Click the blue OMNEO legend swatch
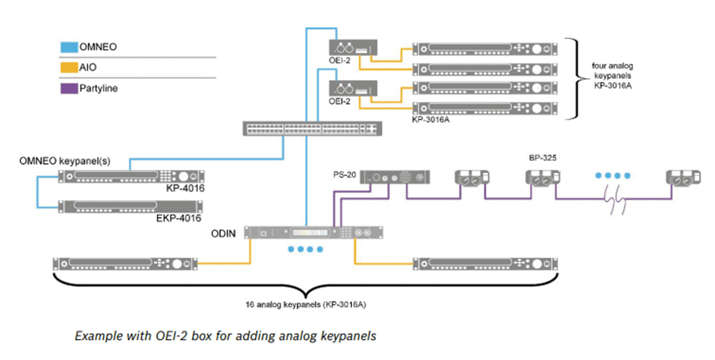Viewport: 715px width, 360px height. (69, 47)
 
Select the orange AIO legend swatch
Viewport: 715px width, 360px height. (69, 68)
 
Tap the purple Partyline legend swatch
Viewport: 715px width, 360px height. (69, 88)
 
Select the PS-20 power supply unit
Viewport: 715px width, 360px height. (396, 177)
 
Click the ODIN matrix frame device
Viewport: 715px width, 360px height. (314, 233)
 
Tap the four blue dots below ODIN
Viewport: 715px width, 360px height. (305, 249)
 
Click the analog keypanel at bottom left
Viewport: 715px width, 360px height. (125, 264)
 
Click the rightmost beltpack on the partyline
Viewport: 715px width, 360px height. (684, 177)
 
